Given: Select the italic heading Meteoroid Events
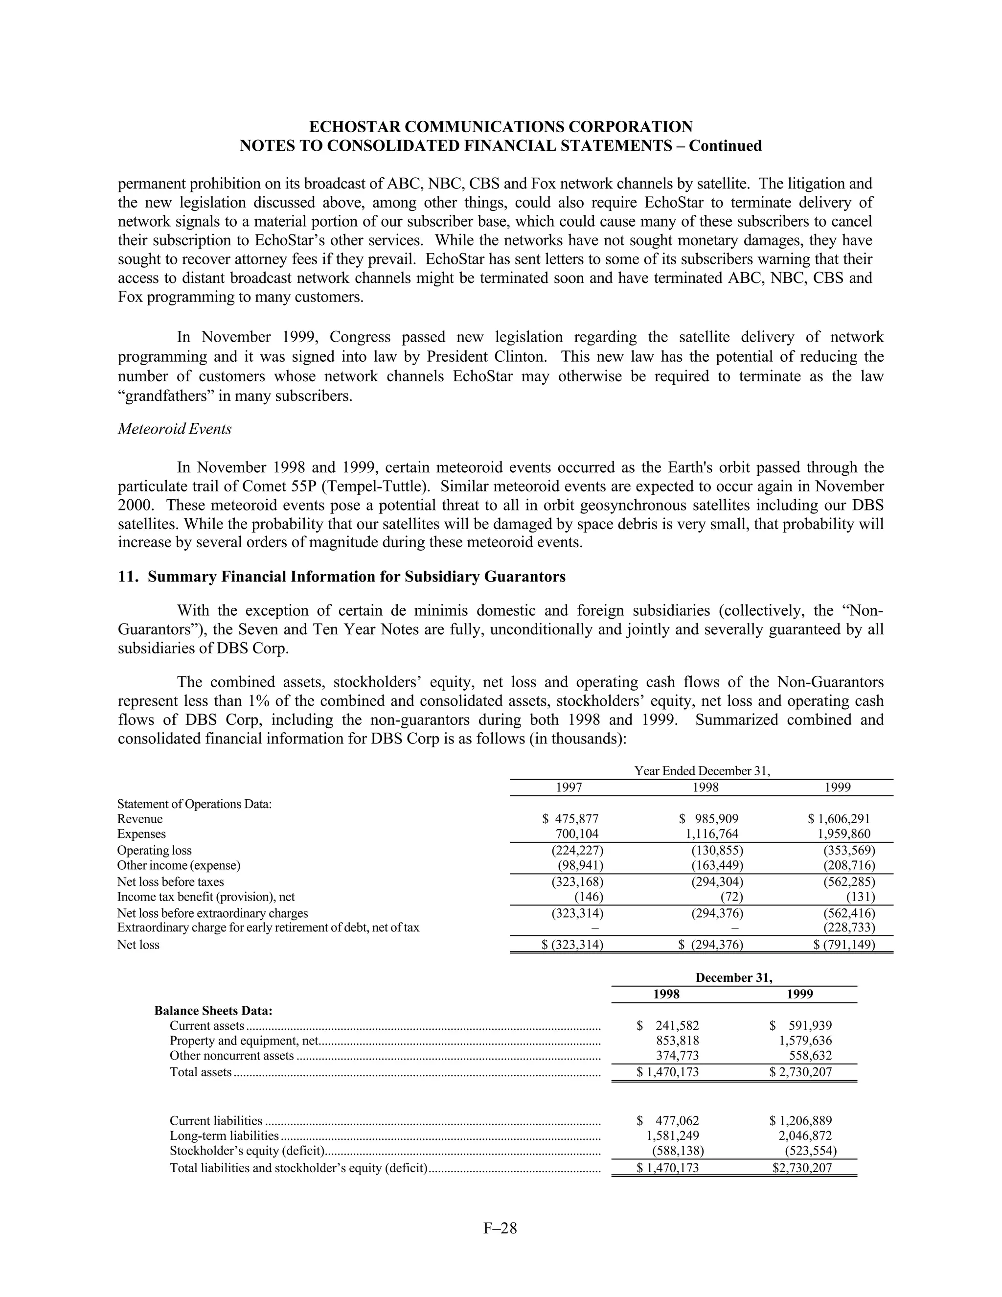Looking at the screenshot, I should pyautogui.click(x=175, y=429).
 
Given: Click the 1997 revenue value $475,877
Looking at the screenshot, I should pyautogui.click(x=570, y=819).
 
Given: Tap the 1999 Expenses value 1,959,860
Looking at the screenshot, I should pyautogui.click(x=843, y=834).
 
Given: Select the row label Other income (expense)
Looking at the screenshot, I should pyautogui.click(x=179, y=865).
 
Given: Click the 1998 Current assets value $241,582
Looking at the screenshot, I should pyautogui.click(x=668, y=1025).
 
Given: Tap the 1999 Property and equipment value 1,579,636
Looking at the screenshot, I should pyautogui.click(x=805, y=1041).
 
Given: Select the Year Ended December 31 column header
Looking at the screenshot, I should pyautogui.click(x=702, y=771).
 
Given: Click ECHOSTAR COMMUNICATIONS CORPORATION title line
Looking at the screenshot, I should pyautogui.click(x=501, y=126).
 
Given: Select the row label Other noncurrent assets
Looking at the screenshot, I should pyautogui.click(x=231, y=1055).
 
